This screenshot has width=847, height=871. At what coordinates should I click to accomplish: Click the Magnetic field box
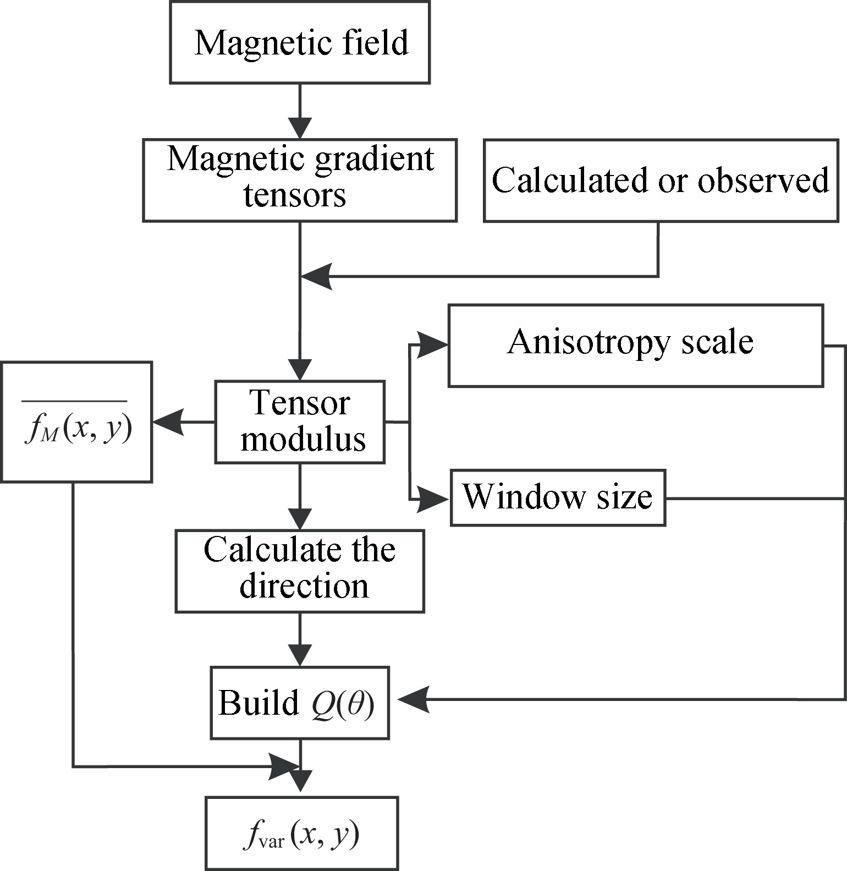point(300,42)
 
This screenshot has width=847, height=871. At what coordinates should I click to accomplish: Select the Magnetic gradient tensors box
point(300,180)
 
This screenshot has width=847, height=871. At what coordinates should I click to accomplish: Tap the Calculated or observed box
point(661,180)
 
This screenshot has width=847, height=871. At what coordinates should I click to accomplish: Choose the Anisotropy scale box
point(635,345)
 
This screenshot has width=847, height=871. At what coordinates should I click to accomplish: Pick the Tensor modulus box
point(300,421)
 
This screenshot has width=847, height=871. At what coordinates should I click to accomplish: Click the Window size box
point(558,497)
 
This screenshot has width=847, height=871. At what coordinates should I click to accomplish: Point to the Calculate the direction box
point(300,571)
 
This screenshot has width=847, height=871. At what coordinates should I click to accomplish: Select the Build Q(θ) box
point(300,703)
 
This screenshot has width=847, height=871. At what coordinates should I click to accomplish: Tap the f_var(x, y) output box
point(301,833)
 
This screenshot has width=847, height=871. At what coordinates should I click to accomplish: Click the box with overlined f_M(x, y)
point(76,421)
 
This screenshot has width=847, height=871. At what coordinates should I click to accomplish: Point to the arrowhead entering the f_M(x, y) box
point(167,422)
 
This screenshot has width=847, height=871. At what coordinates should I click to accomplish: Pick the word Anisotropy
point(588,343)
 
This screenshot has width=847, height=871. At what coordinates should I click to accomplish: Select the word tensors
point(295,195)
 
